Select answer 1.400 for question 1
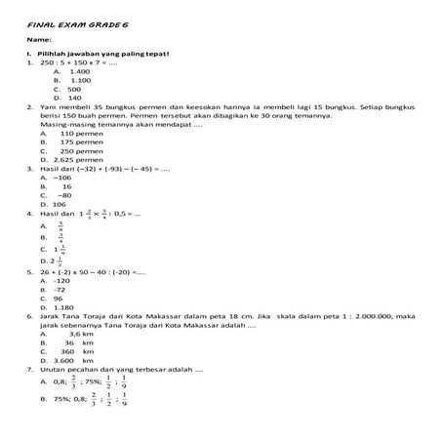pos(79,71)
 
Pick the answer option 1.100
pos(79,80)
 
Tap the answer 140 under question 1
pos(75,98)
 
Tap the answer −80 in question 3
pos(65,194)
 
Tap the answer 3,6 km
pos(81,334)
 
